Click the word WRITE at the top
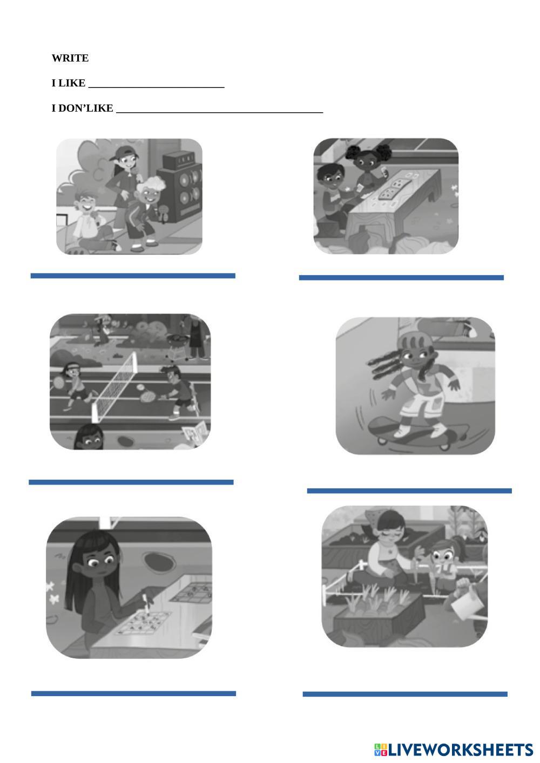(70, 58)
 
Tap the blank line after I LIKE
(156, 87)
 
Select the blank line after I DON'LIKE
(220, 112)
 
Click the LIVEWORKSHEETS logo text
(460, 750)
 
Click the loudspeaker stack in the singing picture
(180, 187)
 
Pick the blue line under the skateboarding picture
(409, 491)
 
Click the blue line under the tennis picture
(131, 482)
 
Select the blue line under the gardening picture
(405, 694)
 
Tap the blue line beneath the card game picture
(401, 277)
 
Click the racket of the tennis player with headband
(58, 383)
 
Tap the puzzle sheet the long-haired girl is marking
(143, 623)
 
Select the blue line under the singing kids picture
(133, 276)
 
